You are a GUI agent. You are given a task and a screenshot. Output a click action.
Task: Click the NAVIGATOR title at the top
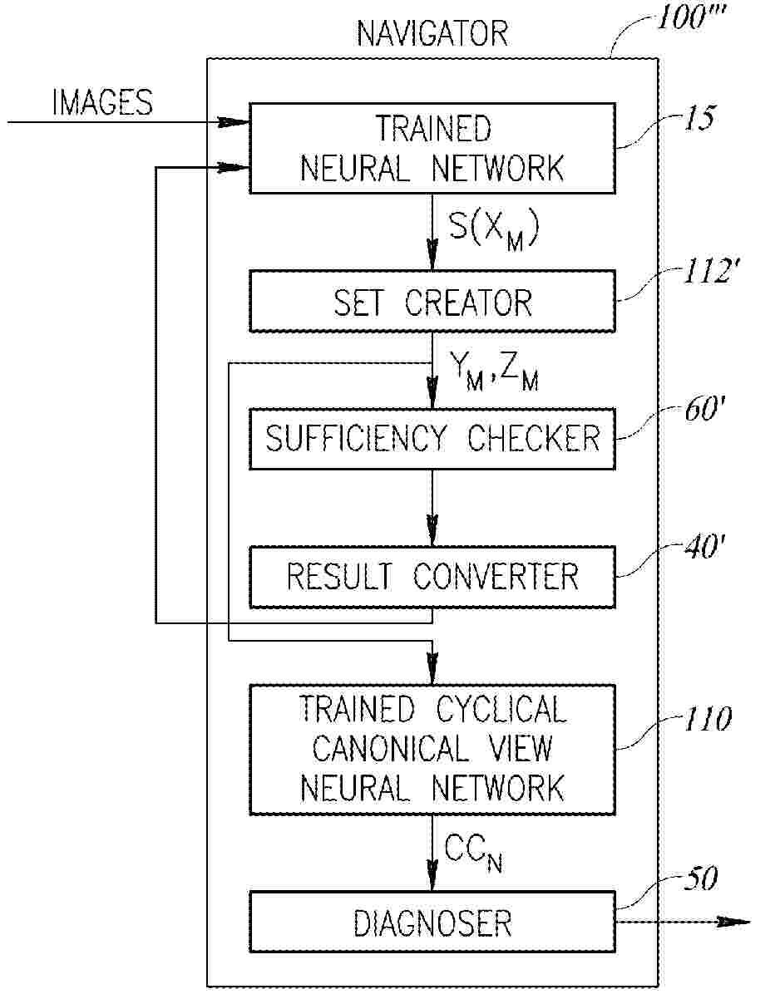tap(432, 34)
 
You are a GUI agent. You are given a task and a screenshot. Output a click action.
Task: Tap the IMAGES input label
tap(102, 102)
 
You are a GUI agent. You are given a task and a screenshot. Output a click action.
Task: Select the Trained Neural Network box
tap(432, 148)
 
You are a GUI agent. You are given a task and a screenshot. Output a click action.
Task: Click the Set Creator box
tap(432, 303)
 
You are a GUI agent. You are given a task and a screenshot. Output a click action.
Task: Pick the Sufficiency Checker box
tap(432, 438)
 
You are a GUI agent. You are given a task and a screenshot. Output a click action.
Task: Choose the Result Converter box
tap(432, 576)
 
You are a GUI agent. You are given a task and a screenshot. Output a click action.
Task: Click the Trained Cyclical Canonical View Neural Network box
tap(432, 749)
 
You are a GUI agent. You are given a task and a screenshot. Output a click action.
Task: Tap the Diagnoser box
tap(432, 923)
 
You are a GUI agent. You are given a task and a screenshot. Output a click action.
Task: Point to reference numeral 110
tap(704, 719)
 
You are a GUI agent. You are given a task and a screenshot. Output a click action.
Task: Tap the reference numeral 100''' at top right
tap(693, 19)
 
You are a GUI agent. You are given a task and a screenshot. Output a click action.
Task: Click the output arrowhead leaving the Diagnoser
tap(735, 922)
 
